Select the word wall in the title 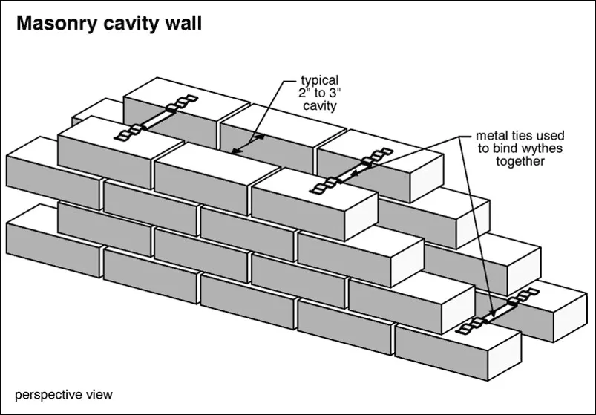(183, 24)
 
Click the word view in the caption (99, 394)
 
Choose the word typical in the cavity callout (318, 80)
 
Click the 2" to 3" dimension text (318, 93)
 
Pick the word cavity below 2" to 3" (318, 105)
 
